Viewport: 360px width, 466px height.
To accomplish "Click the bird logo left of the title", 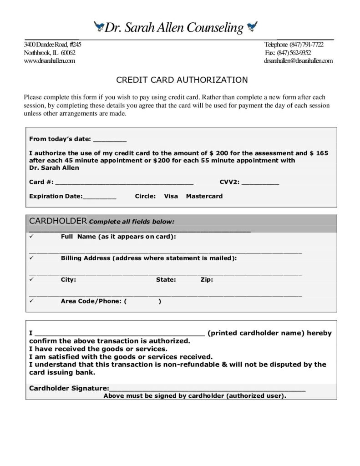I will point(99,27).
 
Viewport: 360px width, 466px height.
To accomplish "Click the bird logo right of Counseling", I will point(251,27).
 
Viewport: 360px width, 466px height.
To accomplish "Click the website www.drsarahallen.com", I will point(49,61).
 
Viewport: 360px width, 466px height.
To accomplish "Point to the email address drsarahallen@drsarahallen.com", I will point(298,61).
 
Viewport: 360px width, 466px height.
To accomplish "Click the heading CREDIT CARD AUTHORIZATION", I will point(182,80).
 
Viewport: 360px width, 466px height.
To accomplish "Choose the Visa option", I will point(171,197).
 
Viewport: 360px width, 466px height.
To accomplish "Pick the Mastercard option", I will point(204,197).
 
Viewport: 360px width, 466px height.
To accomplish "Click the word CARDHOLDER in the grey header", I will point(58,221).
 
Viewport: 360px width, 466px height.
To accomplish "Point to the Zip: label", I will point(207,280).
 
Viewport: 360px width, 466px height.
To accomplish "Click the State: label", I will point(166,280).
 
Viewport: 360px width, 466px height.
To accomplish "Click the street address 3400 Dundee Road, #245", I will point(53,45).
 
